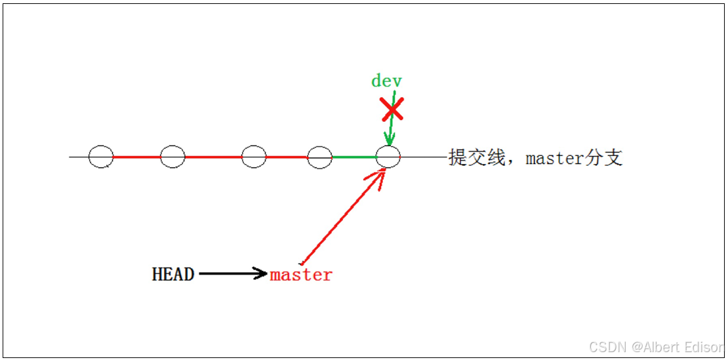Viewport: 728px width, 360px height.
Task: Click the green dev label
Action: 386,81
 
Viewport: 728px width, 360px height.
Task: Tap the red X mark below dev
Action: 392,110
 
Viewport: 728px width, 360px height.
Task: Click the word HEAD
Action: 173,274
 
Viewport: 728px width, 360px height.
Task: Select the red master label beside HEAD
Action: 301,275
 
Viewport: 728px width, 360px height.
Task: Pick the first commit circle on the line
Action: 101,157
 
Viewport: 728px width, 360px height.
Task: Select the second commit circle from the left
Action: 173,157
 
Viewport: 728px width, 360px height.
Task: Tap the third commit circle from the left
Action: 254,157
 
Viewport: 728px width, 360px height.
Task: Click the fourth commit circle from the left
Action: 320,157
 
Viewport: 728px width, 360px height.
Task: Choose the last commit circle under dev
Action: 388,157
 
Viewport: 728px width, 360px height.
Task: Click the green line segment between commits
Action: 354,157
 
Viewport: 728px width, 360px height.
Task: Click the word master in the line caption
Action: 554,158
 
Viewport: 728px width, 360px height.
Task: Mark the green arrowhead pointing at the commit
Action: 390,140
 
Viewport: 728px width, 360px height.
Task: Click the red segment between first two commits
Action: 137,157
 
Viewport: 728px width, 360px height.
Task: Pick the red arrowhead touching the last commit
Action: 378,173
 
